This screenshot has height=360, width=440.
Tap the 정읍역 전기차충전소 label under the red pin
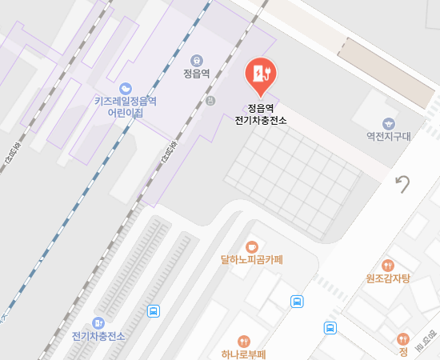pyautogui.click(x=261, y=114)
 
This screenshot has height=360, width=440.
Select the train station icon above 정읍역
pyautogui.click(x=196, y=60)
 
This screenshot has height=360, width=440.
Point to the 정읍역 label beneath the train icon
pyautogui.click(x=196, y=75)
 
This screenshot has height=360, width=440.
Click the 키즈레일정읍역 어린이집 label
pyautogui.click(x=125, y=107)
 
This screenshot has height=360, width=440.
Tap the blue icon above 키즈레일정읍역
pyautogui.click(x=125, y=87)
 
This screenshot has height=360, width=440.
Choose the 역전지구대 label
pyautogui.click(x=388, y=137)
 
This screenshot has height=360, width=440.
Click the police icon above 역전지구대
pyautogui.click(x=388, y=123)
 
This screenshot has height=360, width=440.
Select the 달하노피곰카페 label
pyautogui.click(x=252, y=259)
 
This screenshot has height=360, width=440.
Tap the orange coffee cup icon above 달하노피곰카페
pyautogui.click(x=252, y=246)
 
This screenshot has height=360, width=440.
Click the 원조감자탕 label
pyautogui.click(x=388, y=278)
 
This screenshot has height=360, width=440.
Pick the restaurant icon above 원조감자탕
pyautogui.click(x=388, y=265)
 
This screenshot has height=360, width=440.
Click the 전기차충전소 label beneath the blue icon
pyautogui.click(x=99, y=335)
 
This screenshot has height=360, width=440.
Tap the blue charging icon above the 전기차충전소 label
pyautogui.click(x=99, y=322)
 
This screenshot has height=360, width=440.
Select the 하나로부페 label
pyautogui.click(x=243, y=354)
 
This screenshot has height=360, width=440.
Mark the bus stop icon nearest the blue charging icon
pyautogui.click(x=153, y=311)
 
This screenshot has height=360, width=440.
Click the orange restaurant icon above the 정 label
pyautogui.click(x=403, y=338)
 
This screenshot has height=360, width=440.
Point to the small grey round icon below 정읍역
pyautogui.click(x=210, y=101)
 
